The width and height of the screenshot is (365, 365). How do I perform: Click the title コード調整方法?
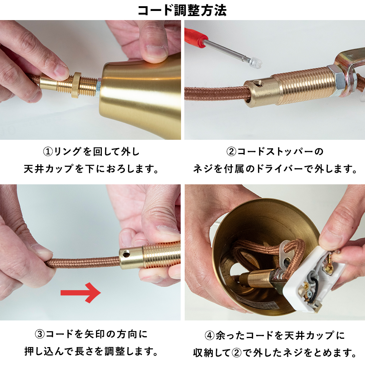(x=182, y=11)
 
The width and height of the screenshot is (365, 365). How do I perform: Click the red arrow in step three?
(x=81, y=293)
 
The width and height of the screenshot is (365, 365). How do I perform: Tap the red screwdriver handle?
(x=196, y=38)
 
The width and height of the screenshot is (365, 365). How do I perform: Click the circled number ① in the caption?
(x=48, y=152)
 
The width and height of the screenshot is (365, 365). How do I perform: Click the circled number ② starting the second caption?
(x=231, y=152)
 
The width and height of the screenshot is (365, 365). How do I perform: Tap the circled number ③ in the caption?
(x=39, y=334)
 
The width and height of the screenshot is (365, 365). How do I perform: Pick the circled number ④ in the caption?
(x=210, y=335)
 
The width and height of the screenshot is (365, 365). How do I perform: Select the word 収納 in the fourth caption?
(x=203, y=353)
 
